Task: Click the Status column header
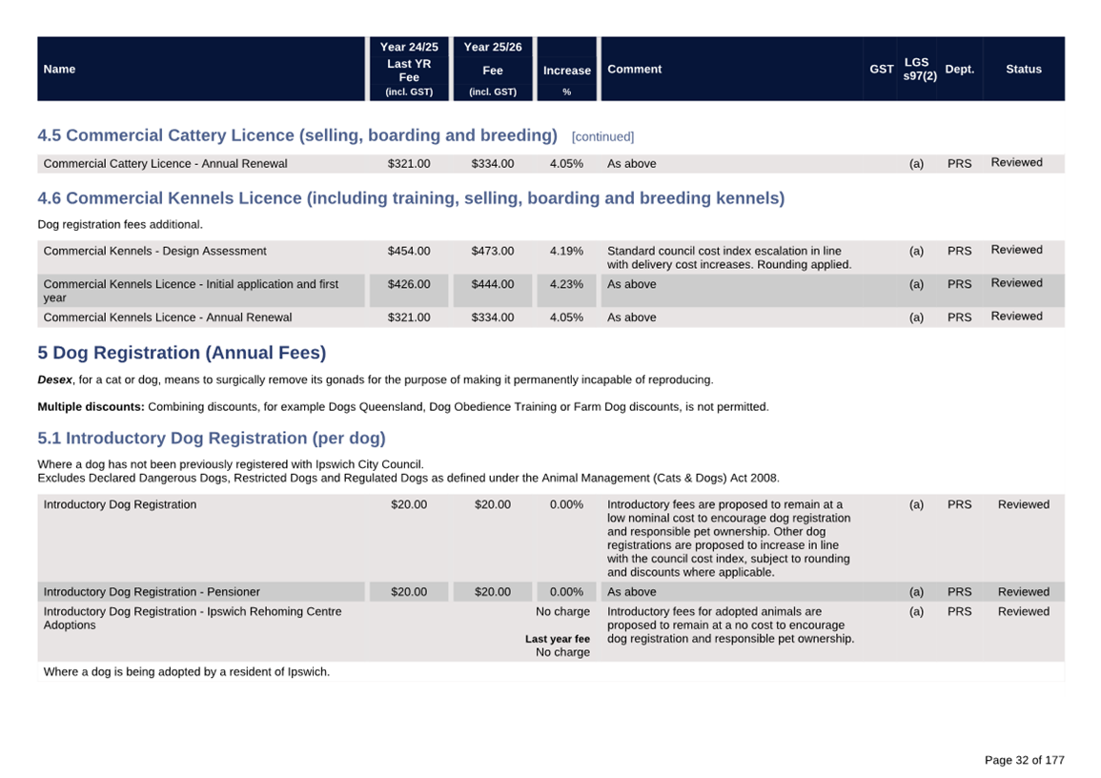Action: pyautogui.click(x=1023, y=69)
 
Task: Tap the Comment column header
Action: pyautogui.click(x=634, y=69)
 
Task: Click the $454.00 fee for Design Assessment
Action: pyautogui.click(x=409, y=251)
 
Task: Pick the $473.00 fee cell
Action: pyautogui.click(x=492, y=251)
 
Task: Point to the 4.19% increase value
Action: pyautogui.click(x=566, y=251)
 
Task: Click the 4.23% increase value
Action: pyautogui.click(x=566, y=284)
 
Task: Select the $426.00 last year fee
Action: pyautogui.click(x=409, y=284)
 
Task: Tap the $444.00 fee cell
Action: pyautogui.click(x=492, y=284)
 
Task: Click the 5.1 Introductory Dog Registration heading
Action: pyautogui.click(x=212, y=439)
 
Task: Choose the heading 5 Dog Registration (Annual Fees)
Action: pyautogui.click(x=181, y=353)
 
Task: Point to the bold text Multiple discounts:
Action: pyautogui.click(x=91, y=406)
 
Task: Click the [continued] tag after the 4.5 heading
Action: pyautogui.click(x=602, y=137)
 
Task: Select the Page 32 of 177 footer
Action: pyautogui.click(x=1024, y=760)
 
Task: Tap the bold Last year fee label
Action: pyautogui.click(x=557, y=639)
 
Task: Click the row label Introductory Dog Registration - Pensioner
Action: pyautogui.click(x=152, y=592)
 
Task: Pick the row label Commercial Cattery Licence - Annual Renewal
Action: pyautogui.click(x=165, y=164)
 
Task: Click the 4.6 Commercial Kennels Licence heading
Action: pyautogui.click(x=411, y=198)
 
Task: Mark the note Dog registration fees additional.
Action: pyautogui.click(x=120, y=225)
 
